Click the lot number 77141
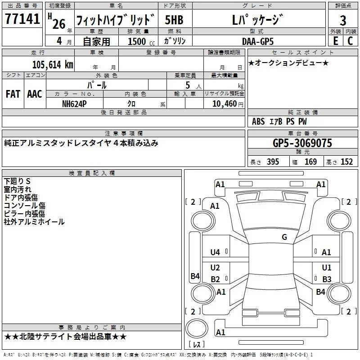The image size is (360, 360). point(22,19)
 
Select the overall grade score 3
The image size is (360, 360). point(343,20)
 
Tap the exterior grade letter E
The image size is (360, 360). point(336,41)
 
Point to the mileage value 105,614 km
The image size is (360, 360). point(53,65)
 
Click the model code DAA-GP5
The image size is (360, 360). point(258,41)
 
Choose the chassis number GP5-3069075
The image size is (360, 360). point(302,143)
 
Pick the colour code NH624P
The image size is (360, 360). point(74,104)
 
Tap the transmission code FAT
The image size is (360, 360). point(13,94)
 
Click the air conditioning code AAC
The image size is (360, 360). point(35,94)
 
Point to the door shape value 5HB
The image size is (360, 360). point(174,20)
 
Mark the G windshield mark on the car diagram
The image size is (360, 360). point(284,237)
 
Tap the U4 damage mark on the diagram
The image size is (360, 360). point(215,252)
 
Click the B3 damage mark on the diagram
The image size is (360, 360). point(327,279)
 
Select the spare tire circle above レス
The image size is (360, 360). point(197,329)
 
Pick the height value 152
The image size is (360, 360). point(346,162)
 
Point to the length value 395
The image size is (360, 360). point(273,162)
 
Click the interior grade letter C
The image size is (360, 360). point(350,41)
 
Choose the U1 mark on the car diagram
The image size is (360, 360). point(327,267)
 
